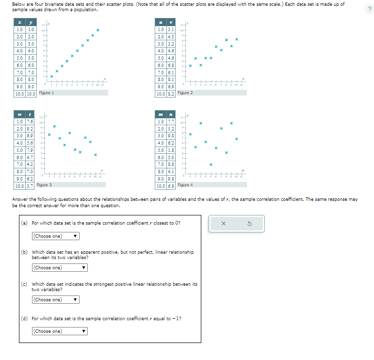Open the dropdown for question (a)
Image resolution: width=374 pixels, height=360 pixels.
pyautogui.click(x=55, y=236)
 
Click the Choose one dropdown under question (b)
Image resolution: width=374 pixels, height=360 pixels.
pyautogui.click(x=59, y=268)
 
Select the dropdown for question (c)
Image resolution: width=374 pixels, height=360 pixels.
pyautogui.click(x=55, y=299)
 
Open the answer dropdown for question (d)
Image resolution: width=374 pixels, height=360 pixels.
pyautogui.click(x=59, y=331)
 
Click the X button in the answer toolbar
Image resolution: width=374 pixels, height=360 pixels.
pyautogui.click(x=223, y=224)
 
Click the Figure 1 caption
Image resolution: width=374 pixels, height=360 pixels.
pyautogui.click(x=46, y=93)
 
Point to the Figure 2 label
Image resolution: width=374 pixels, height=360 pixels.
pyautogui.click(x=185, y=93)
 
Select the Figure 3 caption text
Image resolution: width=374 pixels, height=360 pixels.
pyautogui.click(x=44, y=185)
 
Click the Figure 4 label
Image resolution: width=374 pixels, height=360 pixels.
pyautogui.click(x=185, y=185)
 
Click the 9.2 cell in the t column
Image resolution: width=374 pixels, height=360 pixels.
pyautogui.click(x=30, y=130)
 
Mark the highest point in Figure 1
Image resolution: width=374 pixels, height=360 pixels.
pyautogui.click(x=98, y=31)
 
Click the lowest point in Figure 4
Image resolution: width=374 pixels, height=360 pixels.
pyautogui.click(x=211, y=164)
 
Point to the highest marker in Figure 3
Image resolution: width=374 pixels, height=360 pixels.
pyautogui.click(x=54, y=126)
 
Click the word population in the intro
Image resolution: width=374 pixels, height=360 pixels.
pyautogui.click(x=86, y=10)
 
